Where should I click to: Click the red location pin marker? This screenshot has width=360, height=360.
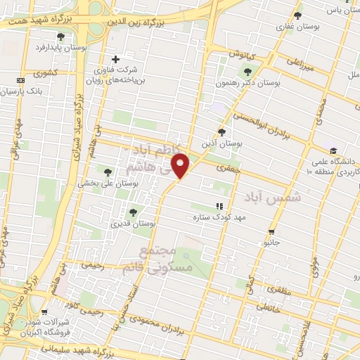pyautogui.click(x=181, y=165)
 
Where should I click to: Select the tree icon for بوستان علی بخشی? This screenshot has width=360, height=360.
pyautogui.click(x=108, y=172)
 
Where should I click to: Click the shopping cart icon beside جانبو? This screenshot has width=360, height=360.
pyautogui.click(x=271, y=232)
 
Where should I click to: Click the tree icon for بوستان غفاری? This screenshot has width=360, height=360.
pyautogui.click(x=297, y=15)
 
